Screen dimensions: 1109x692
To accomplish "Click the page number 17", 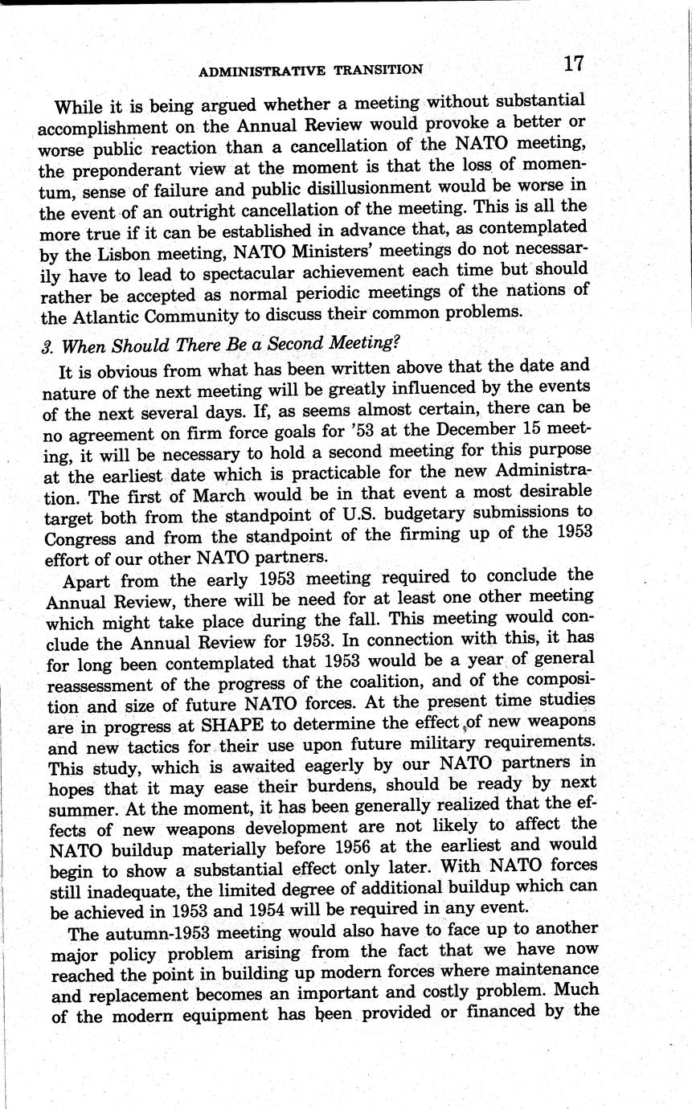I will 572,64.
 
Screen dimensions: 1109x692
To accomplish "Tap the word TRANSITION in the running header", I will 379,70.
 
